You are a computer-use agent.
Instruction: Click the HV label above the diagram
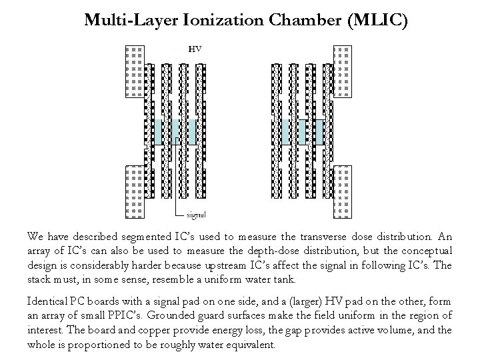[x=195, y=49]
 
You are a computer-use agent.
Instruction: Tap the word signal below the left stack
[x=195, y=215]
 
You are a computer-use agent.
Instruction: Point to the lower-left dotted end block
[x=135, y=191]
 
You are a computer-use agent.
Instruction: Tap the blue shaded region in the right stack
[x=301, y=131]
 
